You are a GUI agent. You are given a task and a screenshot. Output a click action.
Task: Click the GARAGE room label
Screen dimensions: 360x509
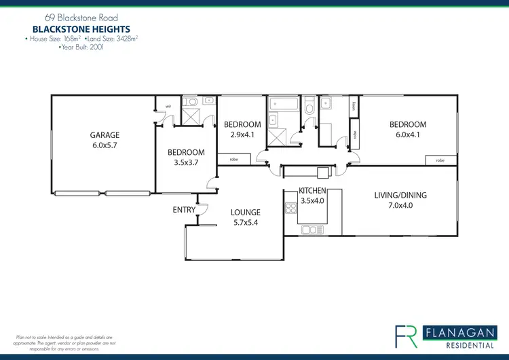(x=105, y=135)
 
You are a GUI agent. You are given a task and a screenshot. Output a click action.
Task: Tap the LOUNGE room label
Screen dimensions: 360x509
(x=246, y=213)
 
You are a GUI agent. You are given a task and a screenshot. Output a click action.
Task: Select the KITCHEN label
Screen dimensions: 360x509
(x=313, y=191)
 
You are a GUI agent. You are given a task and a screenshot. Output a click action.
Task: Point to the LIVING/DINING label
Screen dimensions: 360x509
(x=400, y=196)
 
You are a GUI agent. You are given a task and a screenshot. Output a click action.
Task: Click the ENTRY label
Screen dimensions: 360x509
(x=184, y=210)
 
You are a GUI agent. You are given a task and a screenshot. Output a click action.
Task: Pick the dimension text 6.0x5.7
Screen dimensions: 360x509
(x=105, y=145)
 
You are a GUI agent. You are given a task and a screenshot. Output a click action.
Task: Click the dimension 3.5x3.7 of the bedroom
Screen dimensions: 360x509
(x=186, y=162)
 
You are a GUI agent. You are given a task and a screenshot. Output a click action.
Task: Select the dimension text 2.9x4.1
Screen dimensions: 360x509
(x=242, y=134)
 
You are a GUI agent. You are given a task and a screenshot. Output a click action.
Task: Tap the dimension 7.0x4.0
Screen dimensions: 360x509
(x=400, y=206)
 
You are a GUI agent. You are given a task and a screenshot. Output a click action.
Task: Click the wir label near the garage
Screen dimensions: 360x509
(x=159, y=106)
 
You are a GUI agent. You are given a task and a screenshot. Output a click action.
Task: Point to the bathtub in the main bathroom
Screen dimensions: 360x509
(x=282, y=105)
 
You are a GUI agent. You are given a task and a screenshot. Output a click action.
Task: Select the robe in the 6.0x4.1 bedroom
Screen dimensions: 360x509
(x=440, y=160)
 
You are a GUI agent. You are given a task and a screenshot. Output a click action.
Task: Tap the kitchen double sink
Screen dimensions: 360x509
(x=314, y=230)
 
